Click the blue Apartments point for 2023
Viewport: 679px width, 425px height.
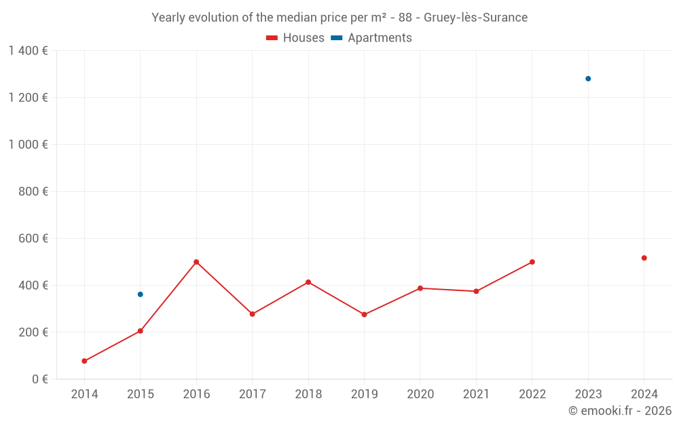click(x=588, y=79)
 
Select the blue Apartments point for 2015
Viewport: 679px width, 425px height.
click(x=141, y=294)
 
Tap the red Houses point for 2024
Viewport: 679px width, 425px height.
click(x=644, y=258)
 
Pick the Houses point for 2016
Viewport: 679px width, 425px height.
click(x=196, y=262)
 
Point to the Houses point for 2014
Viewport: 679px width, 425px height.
click(x=84, y=361)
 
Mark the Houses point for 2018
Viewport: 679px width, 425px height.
click(x=308, y=282)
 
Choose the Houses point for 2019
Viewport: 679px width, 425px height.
click(x=364, y=315)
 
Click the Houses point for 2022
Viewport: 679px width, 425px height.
click(x=532, y=262)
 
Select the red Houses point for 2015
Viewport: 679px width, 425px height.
click(x=141, y=331)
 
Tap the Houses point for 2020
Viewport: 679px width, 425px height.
click(x=420, y=288)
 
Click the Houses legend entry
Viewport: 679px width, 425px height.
click(x=295, y=38)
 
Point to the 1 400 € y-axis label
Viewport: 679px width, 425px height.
click(x=28, y=51)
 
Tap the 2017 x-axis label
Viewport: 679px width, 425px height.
click(x=252, y=394)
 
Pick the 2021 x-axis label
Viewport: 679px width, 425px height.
click(x=476, y=394)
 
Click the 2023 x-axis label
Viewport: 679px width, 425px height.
click(x=588, y=394)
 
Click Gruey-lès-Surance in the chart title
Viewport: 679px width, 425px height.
click(x=475, y=18)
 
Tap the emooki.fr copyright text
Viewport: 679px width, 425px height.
click(x=620, y=411)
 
